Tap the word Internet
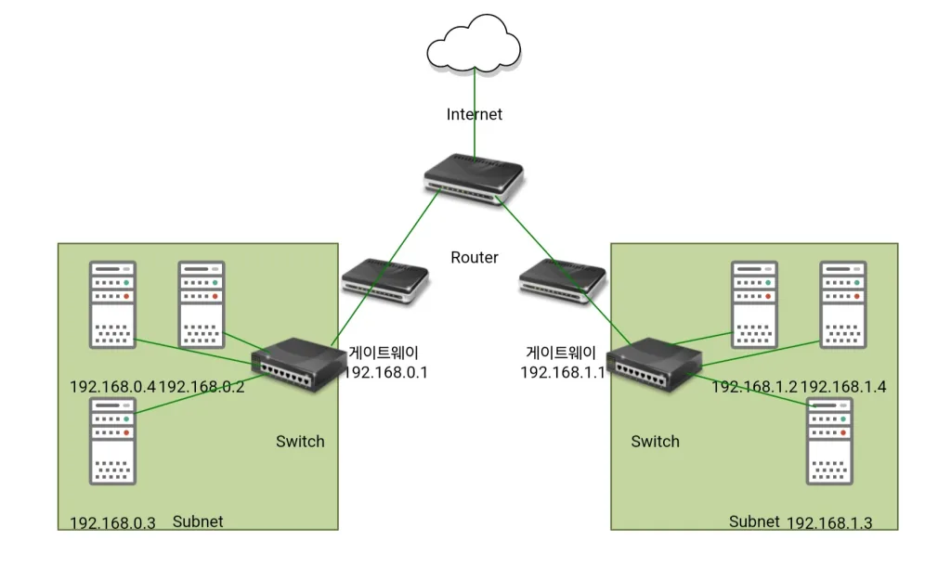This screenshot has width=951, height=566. coord(474,114)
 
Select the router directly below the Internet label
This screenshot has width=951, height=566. coord(474,176)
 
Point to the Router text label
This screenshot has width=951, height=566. coord(474,257)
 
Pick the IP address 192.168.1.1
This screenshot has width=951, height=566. coord(563,372)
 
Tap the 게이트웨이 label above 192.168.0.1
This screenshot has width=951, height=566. coord(384,353)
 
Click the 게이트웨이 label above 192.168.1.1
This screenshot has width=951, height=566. coord(561,353)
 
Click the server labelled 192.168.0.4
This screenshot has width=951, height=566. coord(112,304)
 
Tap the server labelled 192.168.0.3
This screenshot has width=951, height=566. coord(112,441)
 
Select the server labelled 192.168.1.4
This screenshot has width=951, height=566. coord(843,304)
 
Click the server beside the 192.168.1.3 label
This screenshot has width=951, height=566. coord(829,441)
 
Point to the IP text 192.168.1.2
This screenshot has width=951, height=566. coord(754,387)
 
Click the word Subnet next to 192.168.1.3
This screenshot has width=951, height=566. coord(753,521)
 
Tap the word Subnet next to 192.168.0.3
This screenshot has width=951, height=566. coord(198,521)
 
